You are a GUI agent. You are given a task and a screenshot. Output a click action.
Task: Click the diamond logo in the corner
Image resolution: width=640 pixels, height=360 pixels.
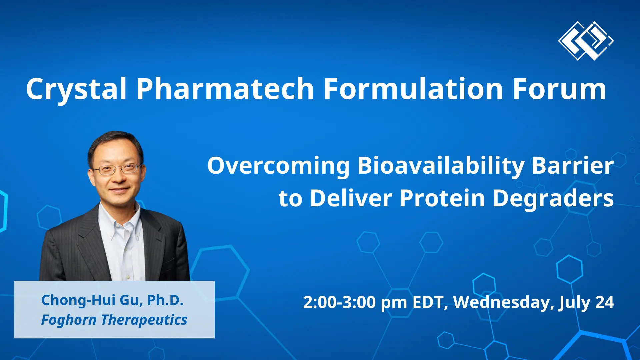tap(586, 41)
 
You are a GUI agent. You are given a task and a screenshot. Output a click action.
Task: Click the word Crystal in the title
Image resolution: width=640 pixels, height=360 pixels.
tap(76, 89)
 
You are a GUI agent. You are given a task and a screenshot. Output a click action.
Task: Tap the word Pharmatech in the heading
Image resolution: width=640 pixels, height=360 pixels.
tap(225, 89)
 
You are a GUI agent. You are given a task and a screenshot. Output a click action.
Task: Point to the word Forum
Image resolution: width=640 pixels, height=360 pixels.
tap(559, 89)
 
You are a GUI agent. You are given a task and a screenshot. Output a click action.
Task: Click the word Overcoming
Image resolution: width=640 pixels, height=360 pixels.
tap(278, 166)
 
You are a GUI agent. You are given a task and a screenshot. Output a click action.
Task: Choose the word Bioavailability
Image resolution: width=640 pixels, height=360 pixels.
tap(441, 166)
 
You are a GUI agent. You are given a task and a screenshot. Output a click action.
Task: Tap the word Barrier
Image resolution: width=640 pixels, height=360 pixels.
tap(572, 166)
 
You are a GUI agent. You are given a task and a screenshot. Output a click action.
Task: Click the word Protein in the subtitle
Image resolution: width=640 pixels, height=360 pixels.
tap(442, 198)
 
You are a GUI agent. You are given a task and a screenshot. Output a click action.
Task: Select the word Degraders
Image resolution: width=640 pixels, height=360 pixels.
tap(553, 198)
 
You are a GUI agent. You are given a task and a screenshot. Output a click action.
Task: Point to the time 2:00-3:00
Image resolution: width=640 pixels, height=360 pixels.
tap(339, 302)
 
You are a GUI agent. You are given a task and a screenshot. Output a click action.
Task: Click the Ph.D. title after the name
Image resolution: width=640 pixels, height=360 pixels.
tap(165, 300)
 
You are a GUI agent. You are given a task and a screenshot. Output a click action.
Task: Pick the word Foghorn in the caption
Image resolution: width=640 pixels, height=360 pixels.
tap(69, 320)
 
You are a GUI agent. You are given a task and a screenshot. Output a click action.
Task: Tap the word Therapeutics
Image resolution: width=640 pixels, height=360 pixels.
tap(144, 320)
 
